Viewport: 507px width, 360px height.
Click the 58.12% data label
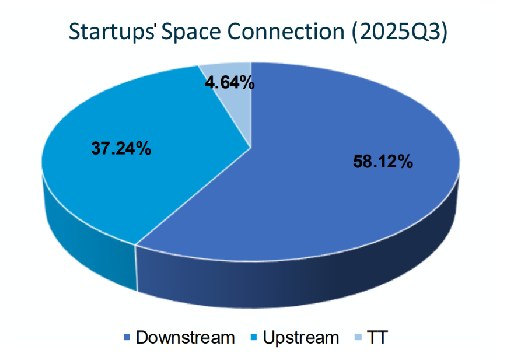coord(383,162)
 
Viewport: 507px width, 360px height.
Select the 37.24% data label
coord(121,149)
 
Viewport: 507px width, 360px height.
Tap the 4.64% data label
coord(229,83)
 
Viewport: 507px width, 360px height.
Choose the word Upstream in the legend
coord(300,337)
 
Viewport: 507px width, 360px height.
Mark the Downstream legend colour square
coord(127,338)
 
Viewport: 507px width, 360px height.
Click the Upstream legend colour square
coord(254,338)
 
